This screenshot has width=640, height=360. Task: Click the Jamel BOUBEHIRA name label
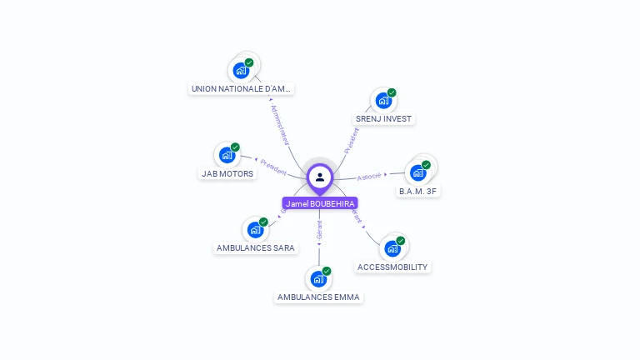click(x=320, y=203)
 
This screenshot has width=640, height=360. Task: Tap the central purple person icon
click(x=320, y=177)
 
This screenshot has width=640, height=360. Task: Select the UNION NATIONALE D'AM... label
click(x=241, y=88)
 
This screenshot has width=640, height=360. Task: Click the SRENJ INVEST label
click(x=383, y=118)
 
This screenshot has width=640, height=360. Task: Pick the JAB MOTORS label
click(x=227, y=173)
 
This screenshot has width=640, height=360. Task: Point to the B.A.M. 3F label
click(x=417, y=191)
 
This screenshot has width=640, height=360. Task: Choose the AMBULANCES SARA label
click(x=256, y=247)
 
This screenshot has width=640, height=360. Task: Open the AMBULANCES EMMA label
click(x=319, y=297)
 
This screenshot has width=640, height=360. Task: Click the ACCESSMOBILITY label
click(x=392, y=267)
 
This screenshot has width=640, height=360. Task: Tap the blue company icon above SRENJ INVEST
click(x=382, y=101)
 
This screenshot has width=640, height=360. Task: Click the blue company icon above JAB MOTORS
click(x=227, y=155)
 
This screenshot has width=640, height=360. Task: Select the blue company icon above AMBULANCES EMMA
click(x=317, y=279)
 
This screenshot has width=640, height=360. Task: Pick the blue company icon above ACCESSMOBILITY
click(x=392, y=248)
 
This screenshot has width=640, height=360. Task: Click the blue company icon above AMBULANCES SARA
click(x=255, y=230)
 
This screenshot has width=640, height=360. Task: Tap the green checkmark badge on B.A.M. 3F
click(x=426, y=165)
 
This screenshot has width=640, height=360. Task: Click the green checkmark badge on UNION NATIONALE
click(x=249, y=62)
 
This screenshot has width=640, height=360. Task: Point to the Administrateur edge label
click(x=279, y=125)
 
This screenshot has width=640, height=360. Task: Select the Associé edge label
click(x=369, y=176)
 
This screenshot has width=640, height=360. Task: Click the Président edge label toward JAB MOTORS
click(x=273, y=167)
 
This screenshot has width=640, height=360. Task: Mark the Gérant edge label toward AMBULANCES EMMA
click(x=319, y=230)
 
